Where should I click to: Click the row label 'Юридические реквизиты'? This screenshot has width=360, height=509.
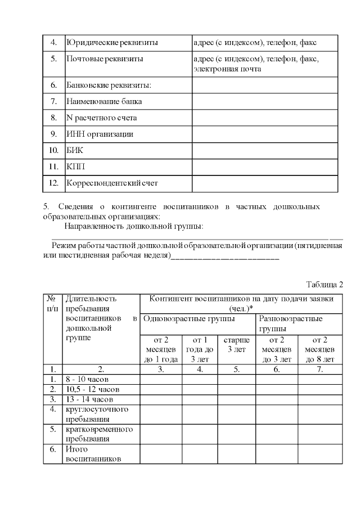112,43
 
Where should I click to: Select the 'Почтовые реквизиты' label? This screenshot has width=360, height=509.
104,58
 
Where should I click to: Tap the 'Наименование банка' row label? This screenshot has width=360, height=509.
104,102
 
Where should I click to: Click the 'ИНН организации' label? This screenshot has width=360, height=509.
100,134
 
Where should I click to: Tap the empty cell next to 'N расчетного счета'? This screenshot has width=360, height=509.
265,118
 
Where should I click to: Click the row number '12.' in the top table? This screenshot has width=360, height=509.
54,183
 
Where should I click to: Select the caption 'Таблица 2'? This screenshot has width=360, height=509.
325,283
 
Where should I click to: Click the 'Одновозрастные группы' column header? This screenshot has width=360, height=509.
189,319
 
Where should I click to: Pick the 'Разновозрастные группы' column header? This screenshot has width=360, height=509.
291,323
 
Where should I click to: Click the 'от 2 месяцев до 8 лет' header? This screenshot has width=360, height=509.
319,349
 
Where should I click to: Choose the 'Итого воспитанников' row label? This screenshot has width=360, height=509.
93,454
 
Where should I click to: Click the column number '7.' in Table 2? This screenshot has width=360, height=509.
319,370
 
